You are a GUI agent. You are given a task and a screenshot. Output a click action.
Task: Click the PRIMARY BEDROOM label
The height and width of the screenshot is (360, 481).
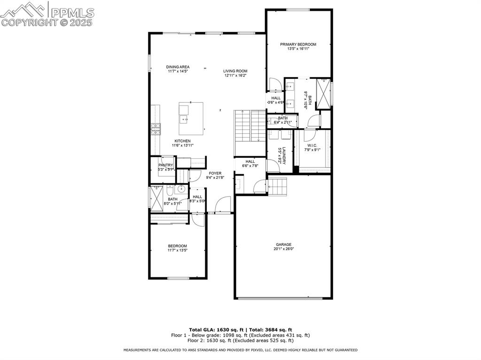(298, 44)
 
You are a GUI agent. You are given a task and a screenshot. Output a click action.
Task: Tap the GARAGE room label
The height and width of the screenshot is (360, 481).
(283, 244)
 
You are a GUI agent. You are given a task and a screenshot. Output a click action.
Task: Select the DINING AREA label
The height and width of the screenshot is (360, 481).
(178, 67)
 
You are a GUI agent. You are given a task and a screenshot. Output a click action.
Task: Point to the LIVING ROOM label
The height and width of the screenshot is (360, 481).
(235, 71)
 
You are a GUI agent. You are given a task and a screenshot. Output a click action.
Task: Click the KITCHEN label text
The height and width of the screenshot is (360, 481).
(182, 141)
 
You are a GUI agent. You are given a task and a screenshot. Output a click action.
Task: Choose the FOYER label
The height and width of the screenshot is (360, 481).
(215, 173)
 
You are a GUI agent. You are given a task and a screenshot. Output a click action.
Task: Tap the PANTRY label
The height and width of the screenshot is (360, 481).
(166, 165)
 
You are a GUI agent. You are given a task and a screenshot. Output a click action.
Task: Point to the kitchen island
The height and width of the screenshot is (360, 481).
(191, 118)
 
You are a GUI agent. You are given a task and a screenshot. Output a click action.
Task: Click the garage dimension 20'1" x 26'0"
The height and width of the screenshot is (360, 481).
(283, 249)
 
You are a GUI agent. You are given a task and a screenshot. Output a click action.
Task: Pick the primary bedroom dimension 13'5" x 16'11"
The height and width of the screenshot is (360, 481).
(298, 49)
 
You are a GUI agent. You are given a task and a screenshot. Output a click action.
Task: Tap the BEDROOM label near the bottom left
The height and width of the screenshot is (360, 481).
(178, 246)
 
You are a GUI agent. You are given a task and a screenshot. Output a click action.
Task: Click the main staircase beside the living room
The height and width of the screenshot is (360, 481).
(250, 126)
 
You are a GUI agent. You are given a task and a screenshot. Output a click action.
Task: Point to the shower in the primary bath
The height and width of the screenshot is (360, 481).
(323, 93)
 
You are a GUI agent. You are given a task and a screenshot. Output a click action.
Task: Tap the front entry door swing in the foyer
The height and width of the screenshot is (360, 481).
(223, 205)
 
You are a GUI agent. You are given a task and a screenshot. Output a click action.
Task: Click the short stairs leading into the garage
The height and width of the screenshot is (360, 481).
(277, 186)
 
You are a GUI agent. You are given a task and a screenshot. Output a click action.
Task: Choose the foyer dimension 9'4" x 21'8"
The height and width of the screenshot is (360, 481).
(215, 178)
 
